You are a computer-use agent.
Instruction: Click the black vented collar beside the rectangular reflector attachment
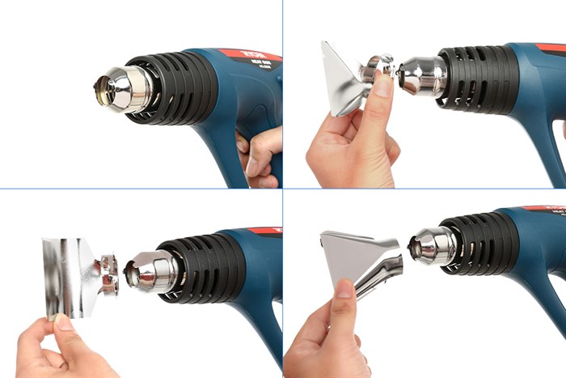pyautogui.click(x=206, y=267)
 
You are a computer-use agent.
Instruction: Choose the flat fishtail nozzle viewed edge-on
pyautogui.click(x=340, y=81)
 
